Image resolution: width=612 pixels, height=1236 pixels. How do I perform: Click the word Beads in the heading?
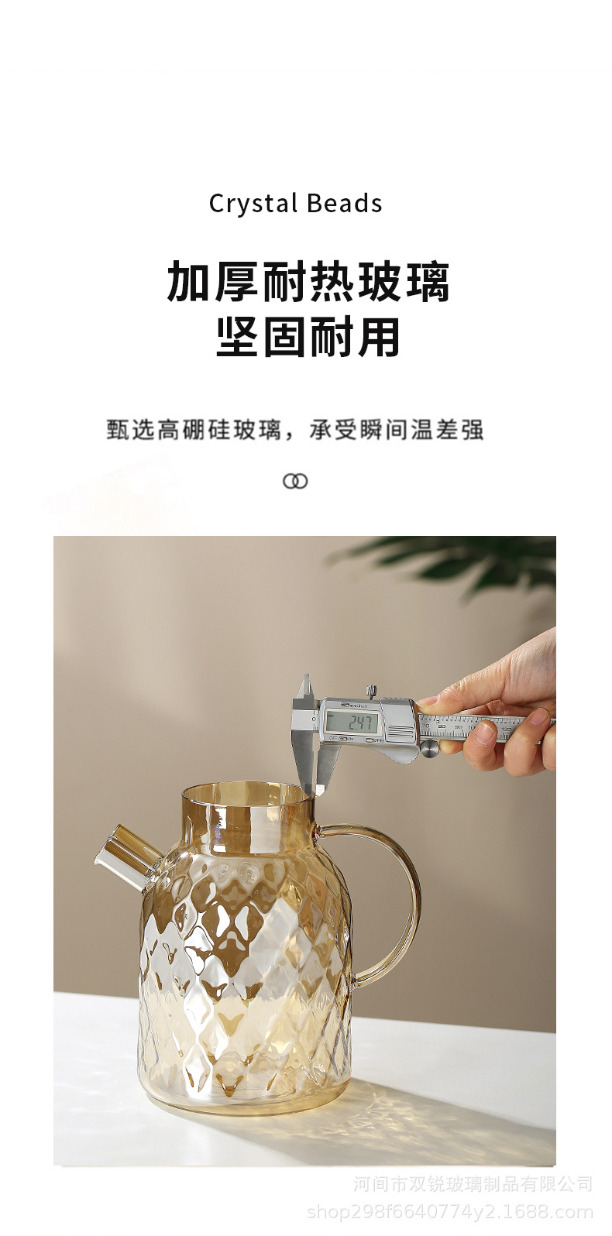point(344,204)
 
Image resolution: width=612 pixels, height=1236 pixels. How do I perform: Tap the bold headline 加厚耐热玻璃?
point(308,282)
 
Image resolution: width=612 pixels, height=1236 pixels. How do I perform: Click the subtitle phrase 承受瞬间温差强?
point(397,430)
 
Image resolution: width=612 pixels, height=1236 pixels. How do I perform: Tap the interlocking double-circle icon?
point(295,481)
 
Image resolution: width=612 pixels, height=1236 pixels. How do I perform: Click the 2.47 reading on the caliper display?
point(361,723)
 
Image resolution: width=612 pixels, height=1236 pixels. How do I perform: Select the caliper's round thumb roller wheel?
point(428,747)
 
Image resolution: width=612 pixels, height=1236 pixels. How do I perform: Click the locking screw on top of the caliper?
point(372,689)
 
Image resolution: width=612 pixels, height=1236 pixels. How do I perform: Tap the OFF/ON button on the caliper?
point(336,739)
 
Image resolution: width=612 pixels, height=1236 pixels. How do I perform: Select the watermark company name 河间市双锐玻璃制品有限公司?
point(473,1184)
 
